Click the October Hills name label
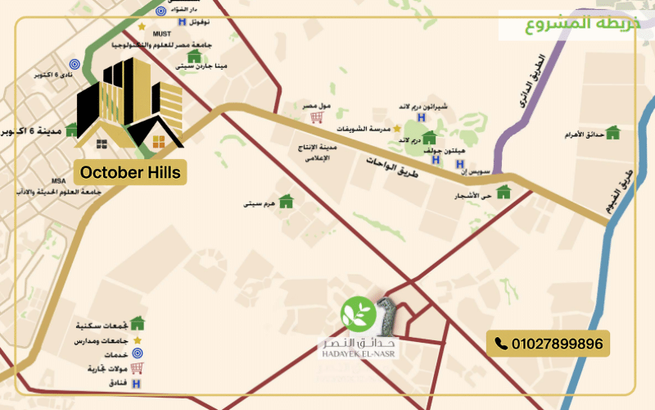131,172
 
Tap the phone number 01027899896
547,344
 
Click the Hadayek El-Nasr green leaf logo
358,313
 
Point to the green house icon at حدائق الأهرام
612,132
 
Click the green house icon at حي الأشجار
504,192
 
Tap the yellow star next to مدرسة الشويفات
397,129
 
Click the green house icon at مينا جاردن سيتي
194,57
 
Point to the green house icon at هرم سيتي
286,201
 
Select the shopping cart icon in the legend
137,369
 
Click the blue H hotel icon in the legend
137,384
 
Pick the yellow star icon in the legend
137,339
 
